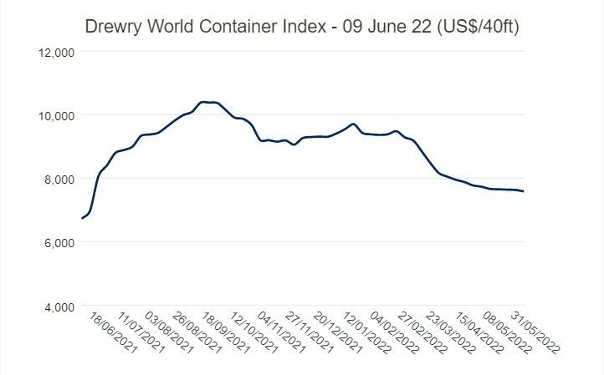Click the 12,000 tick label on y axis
[58, 51]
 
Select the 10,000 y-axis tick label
[58, 115]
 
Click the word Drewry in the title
[113, 28]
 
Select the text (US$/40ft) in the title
[478, 28]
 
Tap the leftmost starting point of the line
[82, 218]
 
